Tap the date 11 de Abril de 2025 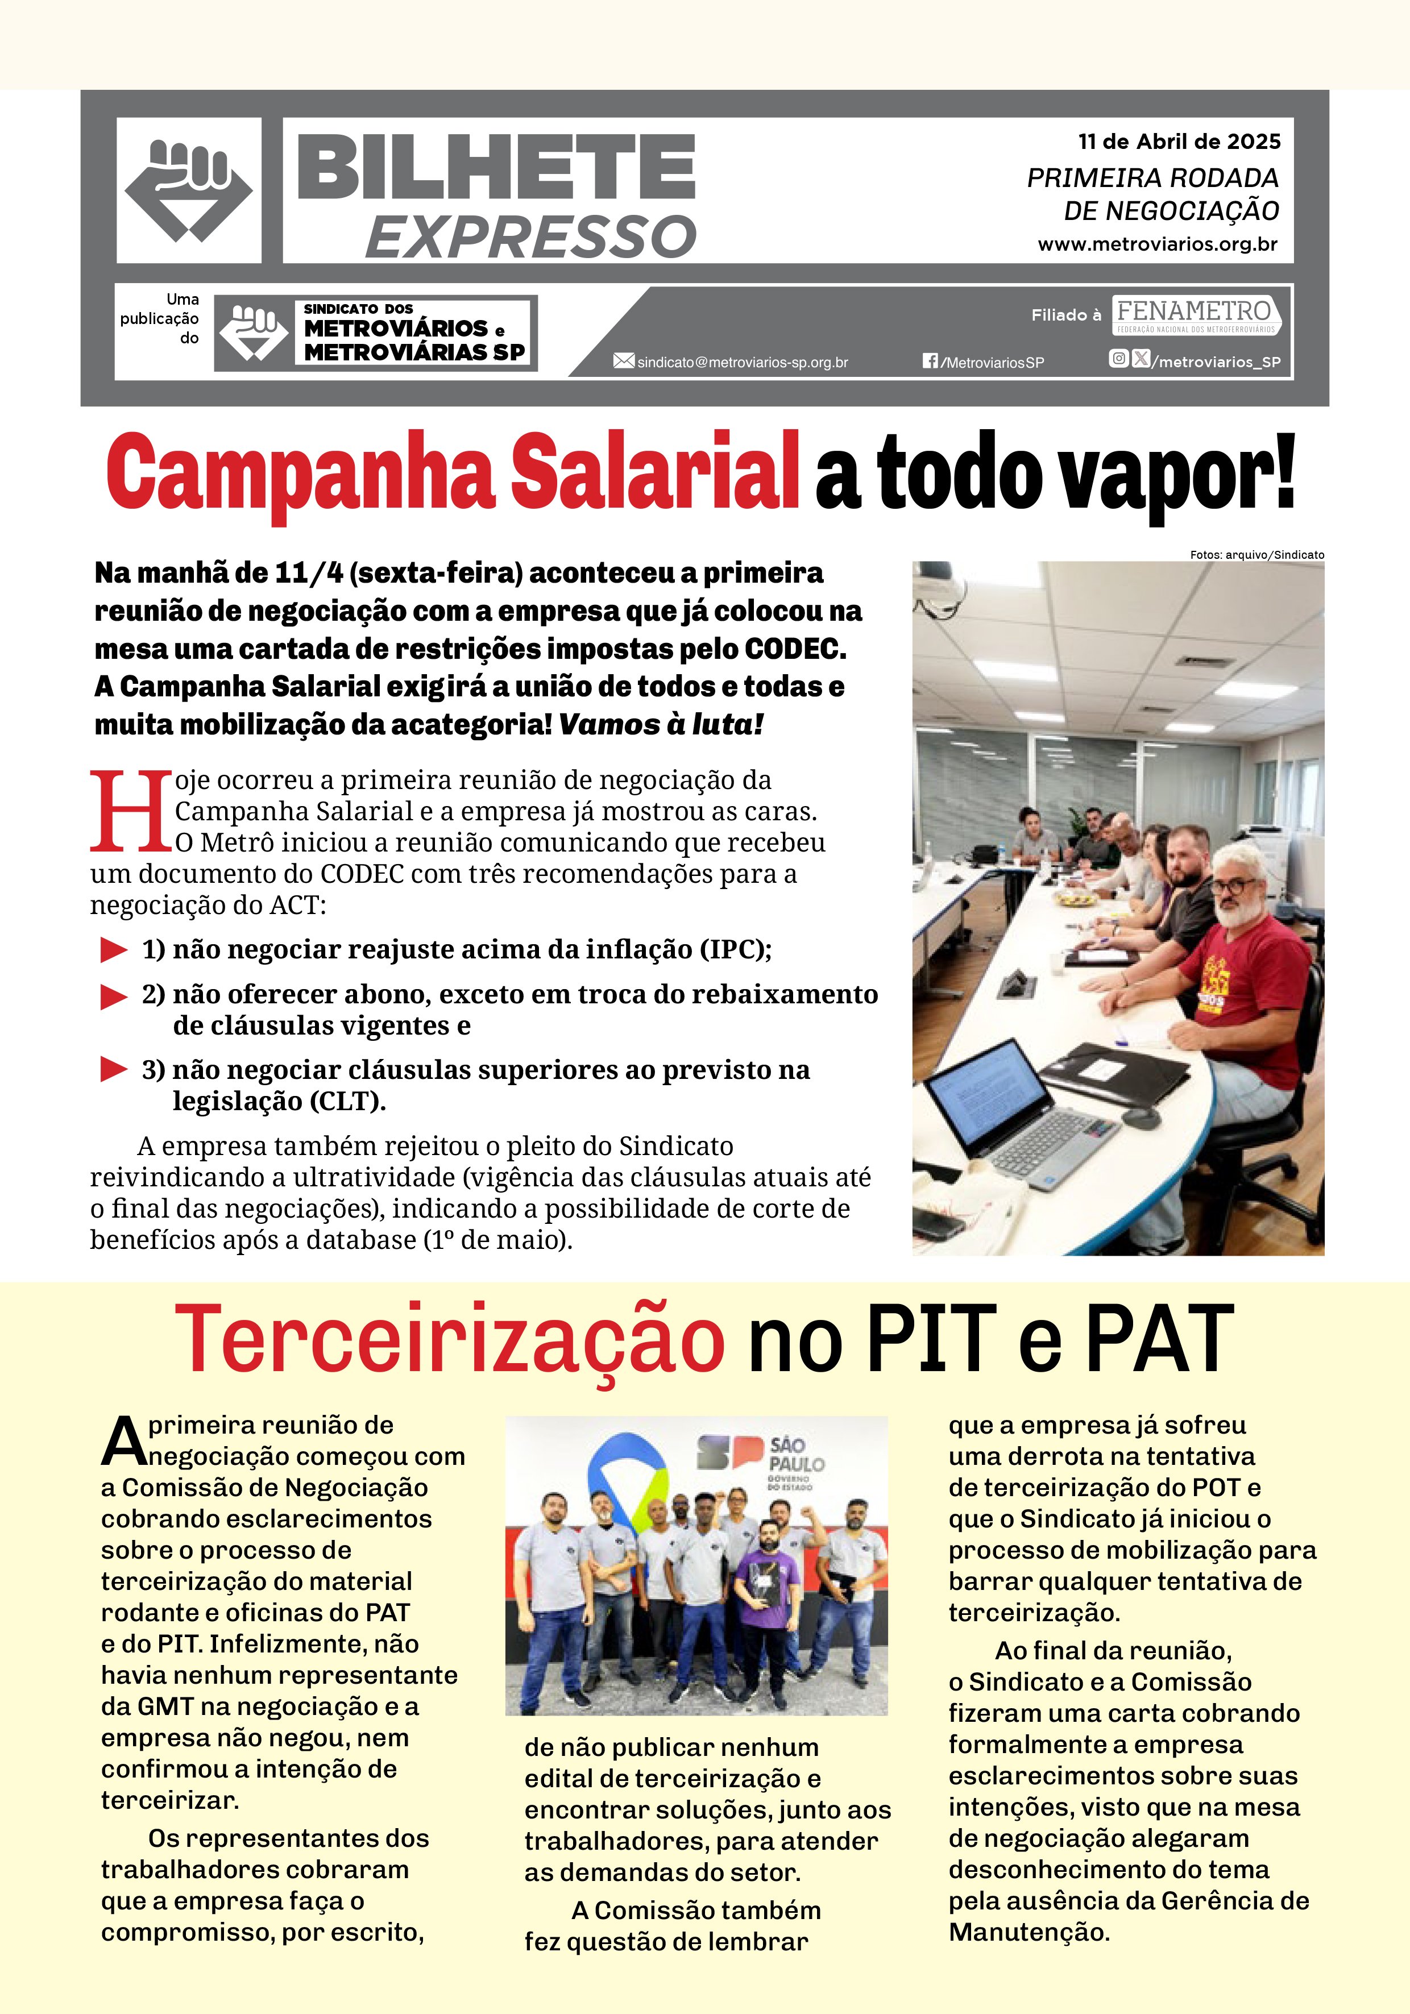tap(1179, 141)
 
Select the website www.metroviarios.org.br tap(1158, 245)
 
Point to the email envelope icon tap(623, 360)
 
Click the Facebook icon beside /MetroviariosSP tap(930, 360)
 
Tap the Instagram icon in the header tap(1118, 358)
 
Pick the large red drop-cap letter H tap(131, 811)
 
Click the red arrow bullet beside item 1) tap(114, 950)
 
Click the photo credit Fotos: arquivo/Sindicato tap(1256, 554)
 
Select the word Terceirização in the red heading tap(449, 1339)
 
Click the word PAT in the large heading tap(1159, 1339)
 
